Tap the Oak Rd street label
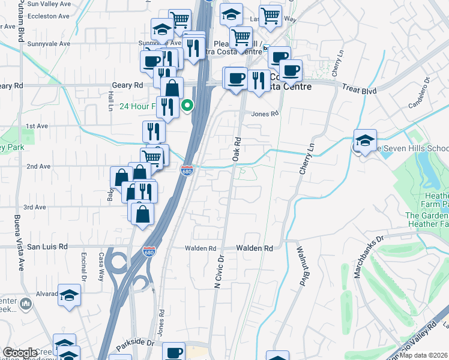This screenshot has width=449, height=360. click(x=237, y=149)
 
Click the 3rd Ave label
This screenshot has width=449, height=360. click(x=35, y=207)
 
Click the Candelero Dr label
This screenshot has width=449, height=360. click(x=420, y=92)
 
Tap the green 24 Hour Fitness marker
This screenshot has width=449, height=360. click(x=187, y=107)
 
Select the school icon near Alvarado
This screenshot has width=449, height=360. click(x=70, y=295)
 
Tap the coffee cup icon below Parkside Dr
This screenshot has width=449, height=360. click(x=173, y=353)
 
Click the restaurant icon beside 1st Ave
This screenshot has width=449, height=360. click(x=154, y=131)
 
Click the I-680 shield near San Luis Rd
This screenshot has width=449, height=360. click(x=149, y=251)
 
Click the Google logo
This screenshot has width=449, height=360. click(x=20, y=353)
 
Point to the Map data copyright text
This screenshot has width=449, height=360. click(x=423, y=355)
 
